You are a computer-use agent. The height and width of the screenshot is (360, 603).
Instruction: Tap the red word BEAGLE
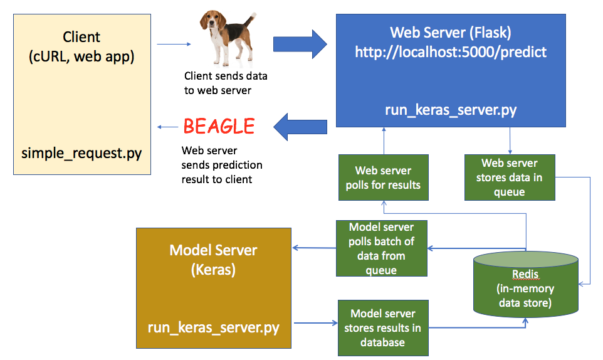[219, 127]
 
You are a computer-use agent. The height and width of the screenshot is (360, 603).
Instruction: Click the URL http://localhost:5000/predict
[451, 52]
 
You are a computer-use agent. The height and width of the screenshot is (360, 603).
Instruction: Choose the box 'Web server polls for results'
[383, 178]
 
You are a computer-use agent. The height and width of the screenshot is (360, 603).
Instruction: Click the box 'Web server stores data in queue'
[509, 178]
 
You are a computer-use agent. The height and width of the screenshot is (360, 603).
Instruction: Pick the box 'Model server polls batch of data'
[381, 248]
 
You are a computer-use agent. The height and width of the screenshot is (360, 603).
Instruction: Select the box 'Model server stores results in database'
[382, 327]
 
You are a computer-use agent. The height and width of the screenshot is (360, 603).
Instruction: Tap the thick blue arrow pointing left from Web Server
[300, 127]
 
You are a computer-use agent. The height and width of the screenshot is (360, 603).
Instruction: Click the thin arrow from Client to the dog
[173, 45]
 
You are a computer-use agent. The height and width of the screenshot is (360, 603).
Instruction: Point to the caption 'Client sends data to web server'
[226, 83]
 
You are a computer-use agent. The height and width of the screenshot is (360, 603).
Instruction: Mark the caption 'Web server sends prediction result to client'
[222, 166]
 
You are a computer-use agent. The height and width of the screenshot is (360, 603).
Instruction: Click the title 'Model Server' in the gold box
[213, 250]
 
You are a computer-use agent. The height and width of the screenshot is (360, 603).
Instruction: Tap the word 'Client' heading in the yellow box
[81, 37]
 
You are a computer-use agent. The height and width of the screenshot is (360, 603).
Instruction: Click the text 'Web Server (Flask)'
[451, 32]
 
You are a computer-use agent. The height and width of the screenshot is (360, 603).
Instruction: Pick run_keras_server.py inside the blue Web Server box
[451, 110]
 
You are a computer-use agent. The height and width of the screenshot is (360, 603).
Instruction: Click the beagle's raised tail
[251, 17]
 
